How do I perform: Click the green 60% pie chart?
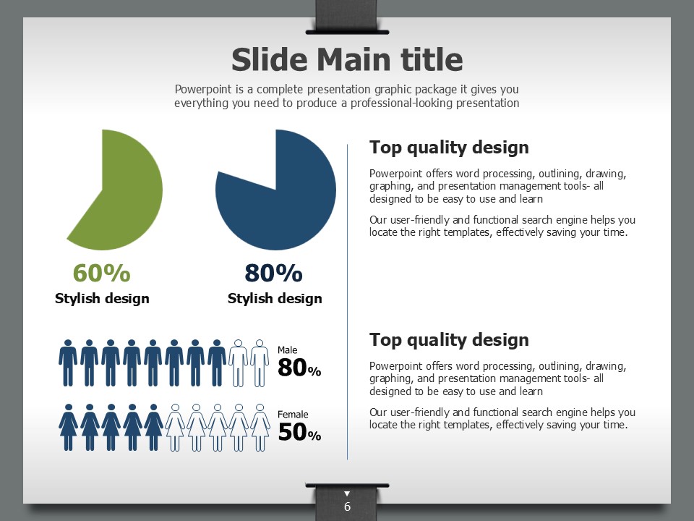coord(129,190)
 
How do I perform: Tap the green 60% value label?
coord(102,273)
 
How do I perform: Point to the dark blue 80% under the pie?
coord(273,273)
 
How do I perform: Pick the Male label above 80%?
coord(287,350)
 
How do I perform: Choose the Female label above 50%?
coord(293,414)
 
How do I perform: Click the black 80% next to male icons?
coord(299,368)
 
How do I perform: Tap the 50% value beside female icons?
coord(299,432)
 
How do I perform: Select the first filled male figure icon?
coord(68,363)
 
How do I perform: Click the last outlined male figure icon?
coord(260,363)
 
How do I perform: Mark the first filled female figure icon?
coord(68,427)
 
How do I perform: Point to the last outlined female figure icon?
coord(260,427)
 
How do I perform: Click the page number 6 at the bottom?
coord(348,507)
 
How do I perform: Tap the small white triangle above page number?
coord(347,494)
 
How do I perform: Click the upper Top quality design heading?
coord(449,148)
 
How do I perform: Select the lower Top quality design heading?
coord(449,340)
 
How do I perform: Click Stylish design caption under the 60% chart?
coord(102,299)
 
